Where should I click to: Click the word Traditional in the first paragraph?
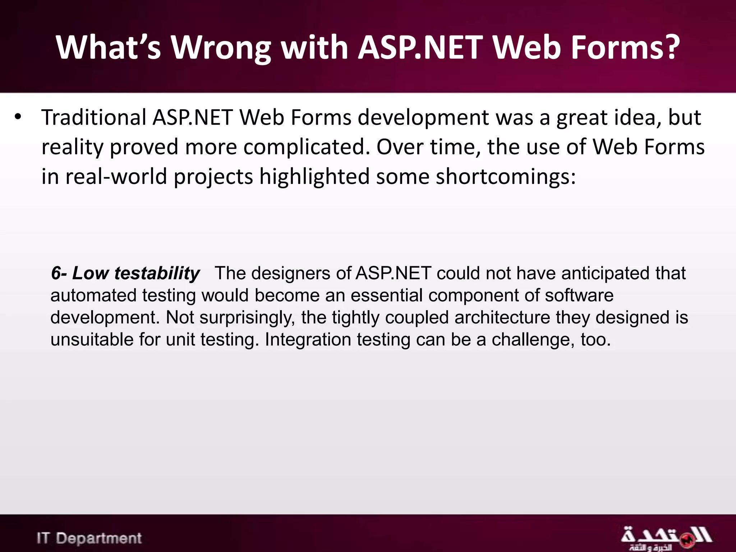point(94,118)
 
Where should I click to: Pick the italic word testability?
point(157,273)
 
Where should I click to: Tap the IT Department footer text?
point(89,538)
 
